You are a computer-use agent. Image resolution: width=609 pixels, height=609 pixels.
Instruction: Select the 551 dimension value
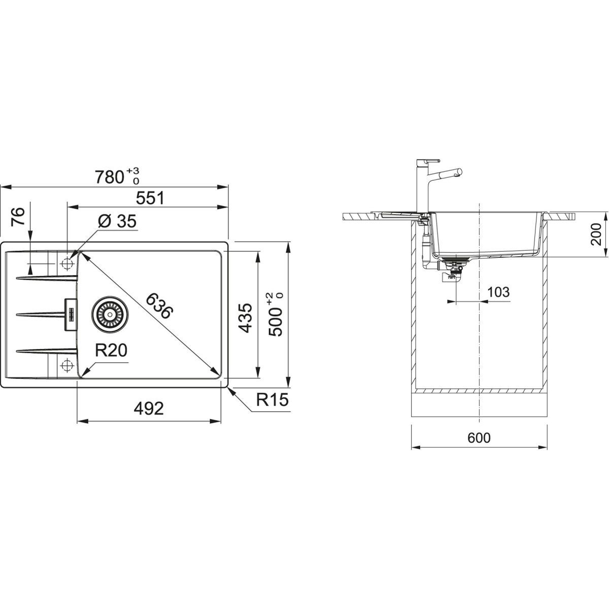point(150,198)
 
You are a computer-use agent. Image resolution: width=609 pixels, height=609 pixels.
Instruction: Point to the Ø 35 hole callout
point(117,221)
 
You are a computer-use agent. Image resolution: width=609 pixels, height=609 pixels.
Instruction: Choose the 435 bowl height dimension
point(245,318)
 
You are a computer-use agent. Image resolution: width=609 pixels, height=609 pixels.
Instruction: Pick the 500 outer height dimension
point(275,315)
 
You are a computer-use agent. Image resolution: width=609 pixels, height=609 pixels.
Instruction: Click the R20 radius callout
point(111,350)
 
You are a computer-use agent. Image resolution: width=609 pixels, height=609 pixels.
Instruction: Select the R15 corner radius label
point(273,400)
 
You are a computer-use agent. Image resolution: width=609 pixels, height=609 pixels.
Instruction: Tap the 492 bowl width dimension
point(149,409)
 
